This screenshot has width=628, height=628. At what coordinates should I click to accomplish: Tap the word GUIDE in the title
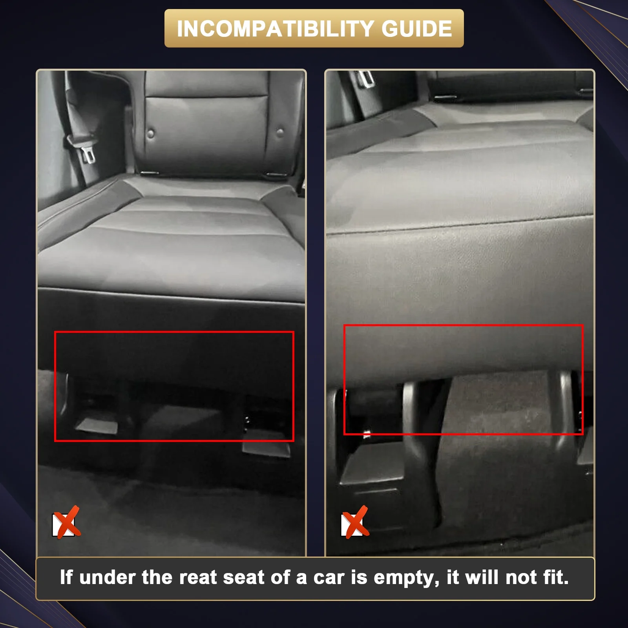[416, 29]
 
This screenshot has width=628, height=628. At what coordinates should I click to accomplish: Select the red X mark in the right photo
[355, 523]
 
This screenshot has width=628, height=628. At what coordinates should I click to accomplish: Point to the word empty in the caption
[406, 578]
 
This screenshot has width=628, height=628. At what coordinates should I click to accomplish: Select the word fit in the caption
[556, 577]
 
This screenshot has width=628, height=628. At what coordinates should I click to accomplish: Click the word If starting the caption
[66, 577]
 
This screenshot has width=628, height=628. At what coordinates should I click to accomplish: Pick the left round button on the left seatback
[151, 134]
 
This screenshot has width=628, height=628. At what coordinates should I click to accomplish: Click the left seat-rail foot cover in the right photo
[372, 465]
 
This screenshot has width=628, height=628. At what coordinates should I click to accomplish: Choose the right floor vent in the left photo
[266, 447]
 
